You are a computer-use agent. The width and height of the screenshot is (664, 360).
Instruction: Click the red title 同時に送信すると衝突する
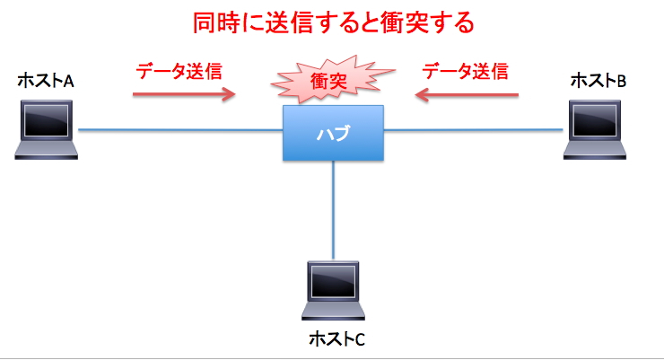tap(333, 22)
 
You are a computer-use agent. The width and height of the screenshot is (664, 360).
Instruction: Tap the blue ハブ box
tap(333, 133)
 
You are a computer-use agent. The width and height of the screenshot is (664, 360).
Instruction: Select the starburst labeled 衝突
tap(332, 80)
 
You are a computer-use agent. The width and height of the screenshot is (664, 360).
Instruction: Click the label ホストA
tap(46, 81)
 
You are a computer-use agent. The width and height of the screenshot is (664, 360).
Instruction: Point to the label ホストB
tap(598, 81)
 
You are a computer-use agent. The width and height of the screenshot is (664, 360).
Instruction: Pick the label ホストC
tap(336, 338)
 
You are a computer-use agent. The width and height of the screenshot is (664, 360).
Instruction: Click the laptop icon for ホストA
tap(46, 129)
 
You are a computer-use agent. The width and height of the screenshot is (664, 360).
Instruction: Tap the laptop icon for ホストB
tap(595, 129)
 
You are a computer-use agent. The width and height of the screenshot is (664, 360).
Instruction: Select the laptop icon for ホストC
tap(333, 291)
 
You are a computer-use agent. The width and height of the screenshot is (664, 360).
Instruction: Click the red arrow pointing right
tap(184, 94)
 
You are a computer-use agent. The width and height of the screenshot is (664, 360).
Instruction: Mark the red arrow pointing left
tap(467, 94)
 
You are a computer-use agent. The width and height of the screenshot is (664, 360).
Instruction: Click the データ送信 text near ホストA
tap(179, 71)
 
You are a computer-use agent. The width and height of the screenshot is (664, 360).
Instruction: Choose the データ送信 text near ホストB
tap(465, 71)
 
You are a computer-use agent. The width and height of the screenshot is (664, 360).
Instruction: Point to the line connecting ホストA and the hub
tap(180, 130)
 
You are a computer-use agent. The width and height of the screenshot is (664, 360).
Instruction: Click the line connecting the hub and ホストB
tap(474, 130)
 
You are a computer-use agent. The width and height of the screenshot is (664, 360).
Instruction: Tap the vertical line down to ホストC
tap(333, 210)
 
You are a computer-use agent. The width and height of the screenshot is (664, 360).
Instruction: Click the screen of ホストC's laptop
tap(333, 281)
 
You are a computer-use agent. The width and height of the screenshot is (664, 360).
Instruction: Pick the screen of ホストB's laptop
tap(595, 120)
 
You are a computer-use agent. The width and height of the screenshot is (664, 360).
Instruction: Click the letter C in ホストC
tap(359, 339)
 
